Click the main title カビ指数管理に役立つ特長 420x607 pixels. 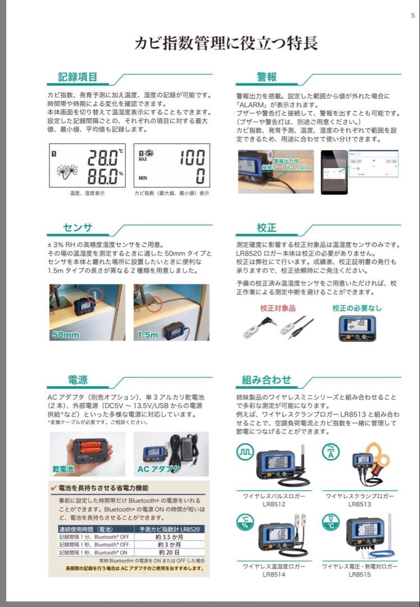coord(226,43)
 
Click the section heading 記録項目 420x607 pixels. coord(78,77)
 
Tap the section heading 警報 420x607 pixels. coord(267,77)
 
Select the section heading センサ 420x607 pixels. coord(77,228)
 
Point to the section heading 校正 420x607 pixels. coord(267,228)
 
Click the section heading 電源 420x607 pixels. coord(78,379)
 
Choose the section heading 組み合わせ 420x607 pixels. coord(267,379)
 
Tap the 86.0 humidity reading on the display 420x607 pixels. coord(102,175)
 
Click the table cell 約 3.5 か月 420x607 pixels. coord(169,537)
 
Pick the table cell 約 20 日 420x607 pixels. coord(169,552)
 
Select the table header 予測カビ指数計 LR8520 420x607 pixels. coord(169,529)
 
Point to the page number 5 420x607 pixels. coord(413,15)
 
